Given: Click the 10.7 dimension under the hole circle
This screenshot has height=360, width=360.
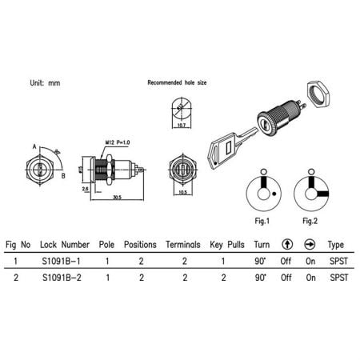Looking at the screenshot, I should tap(181, 125).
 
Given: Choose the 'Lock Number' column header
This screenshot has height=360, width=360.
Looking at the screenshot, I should tap(65, 244).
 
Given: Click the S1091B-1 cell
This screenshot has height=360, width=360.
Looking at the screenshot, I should tap(65, 261).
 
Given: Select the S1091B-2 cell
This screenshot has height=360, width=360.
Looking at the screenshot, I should tap(65, 278).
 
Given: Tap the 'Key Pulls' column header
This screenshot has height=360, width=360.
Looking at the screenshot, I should tap(225, 244).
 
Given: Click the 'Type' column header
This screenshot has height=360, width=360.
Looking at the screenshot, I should tap(336, 244).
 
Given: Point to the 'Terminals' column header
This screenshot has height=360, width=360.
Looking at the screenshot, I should tap(183, 244).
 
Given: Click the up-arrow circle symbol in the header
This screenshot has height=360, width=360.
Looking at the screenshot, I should tap(286, 244).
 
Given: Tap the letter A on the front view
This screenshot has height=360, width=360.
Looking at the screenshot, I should tap(33, 146).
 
